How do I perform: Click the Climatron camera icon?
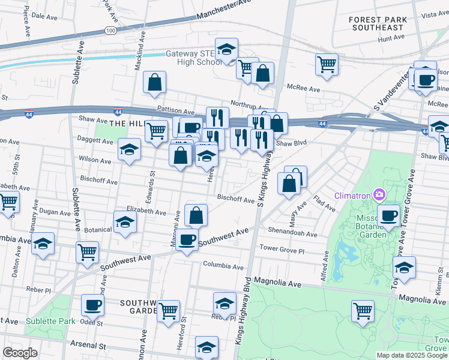pos(379,194)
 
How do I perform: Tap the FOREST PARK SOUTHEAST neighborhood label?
pos(377,23)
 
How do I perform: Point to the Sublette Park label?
pos(50,321)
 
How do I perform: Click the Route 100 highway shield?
pos(110,29)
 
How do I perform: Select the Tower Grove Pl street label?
pos(282,247)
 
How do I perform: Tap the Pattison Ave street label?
pos(176,112)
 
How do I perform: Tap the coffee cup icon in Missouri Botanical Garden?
pos(388,215)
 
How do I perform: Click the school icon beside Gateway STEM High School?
pos(227,49)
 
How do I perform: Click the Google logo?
pos(20,353)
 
